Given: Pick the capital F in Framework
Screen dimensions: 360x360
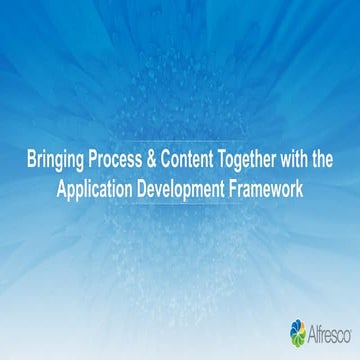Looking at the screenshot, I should [246, 186].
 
